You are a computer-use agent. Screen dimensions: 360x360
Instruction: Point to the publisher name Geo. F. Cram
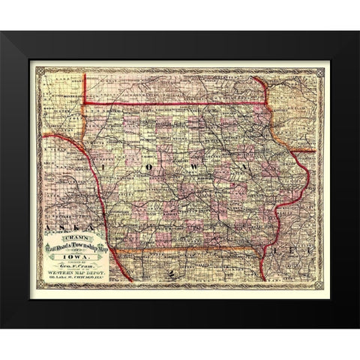point(78,266)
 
